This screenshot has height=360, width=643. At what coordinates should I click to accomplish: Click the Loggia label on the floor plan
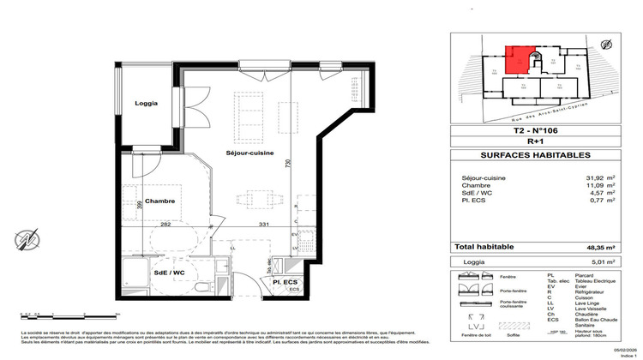[146, 104]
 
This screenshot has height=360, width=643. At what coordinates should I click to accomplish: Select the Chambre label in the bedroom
[159, 201]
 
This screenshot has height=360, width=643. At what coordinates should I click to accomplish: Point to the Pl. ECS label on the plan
[284, 281]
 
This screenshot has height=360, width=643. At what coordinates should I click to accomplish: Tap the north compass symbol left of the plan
[33, 237]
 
